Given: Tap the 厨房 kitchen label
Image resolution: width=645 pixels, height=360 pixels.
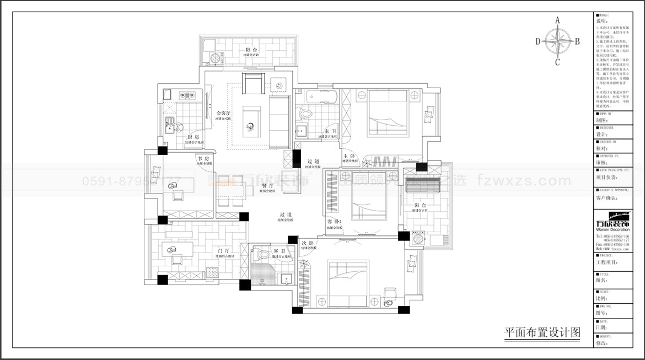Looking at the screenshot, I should point(193,137).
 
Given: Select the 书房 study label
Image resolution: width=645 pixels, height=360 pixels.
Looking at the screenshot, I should point(202,158).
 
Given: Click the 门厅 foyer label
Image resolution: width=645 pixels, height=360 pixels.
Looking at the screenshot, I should point(223,250).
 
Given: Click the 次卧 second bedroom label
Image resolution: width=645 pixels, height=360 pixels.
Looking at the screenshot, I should point(307,243).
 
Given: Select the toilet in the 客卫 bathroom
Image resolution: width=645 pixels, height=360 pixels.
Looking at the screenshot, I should point(264,255).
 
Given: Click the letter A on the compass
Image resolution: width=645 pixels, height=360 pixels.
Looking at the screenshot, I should point(557,20).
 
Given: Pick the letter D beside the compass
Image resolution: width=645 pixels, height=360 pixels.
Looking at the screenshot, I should point(537,41).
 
